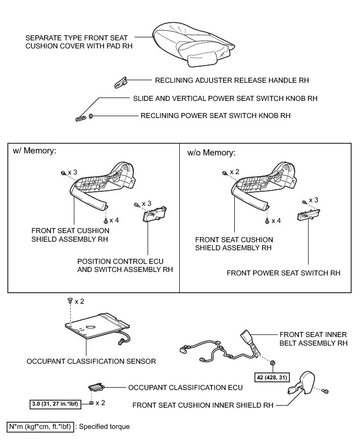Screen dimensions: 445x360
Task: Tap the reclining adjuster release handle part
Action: (120, 81)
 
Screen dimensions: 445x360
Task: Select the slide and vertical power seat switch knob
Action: (80, 119)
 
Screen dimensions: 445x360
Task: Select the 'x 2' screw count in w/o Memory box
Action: (234, 172)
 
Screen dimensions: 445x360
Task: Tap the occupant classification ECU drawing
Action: (95, 387)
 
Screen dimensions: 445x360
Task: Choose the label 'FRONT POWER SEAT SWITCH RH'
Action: (283, 273)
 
